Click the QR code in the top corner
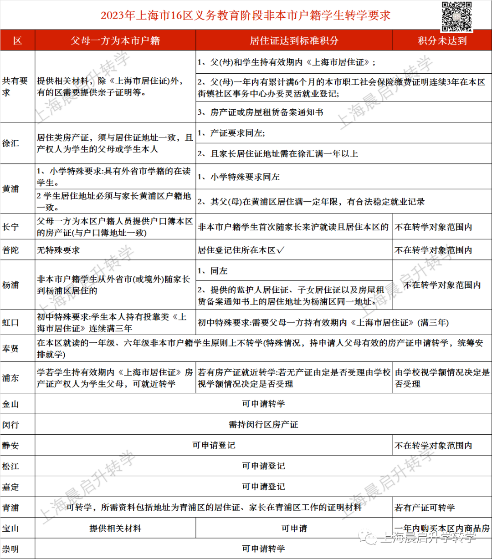(x=457, y=15)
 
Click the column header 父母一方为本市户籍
(x=115, y=41)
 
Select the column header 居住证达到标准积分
(x=294, y=41)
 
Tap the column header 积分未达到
(x=442, y=41)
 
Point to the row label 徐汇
(x=11, y=143)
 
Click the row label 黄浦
(x=11, y=188)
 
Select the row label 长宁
(x=11, y=227)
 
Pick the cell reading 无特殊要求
(x=59, y=250)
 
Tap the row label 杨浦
(x=11, y=285)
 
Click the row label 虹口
(x=11, y=323)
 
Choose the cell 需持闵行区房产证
(x=263, y=425)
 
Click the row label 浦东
(x=11, y=378)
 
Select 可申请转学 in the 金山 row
(x=263, y=404)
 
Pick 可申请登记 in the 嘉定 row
(x=263, y=487)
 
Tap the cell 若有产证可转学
(x=425, y=507)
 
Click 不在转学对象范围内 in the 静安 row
(x=433, y=446)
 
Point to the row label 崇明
(x=11, y=549)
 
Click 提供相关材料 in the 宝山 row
(x=115, y=529)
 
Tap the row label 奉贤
(x=11, y=349)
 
